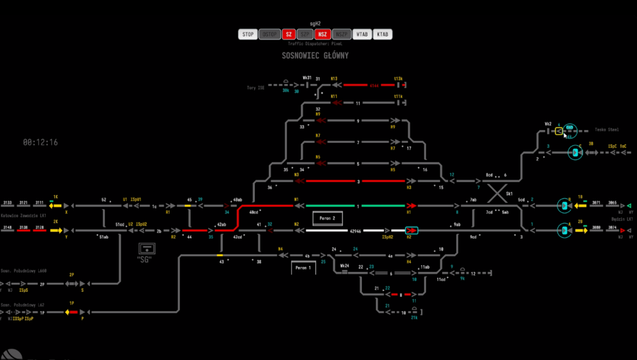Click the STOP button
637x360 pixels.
(248, 34)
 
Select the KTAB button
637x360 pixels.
(382, 34)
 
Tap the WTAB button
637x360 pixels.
(362, 34)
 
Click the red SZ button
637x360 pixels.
(289, 34)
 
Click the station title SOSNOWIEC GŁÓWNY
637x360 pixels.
(315, 55)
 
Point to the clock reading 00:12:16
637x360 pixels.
(41, 142)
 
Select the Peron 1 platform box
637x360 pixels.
(303, 268)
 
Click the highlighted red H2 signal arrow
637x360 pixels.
(412, 230)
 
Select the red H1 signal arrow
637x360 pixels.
(412, 206)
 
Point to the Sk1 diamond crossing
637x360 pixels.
(497, 193)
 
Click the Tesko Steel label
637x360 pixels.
(607, 129)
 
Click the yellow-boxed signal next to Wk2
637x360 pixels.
(559, 131)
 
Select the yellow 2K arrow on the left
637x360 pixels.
(56, 230)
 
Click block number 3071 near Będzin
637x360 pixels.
(596, 202)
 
